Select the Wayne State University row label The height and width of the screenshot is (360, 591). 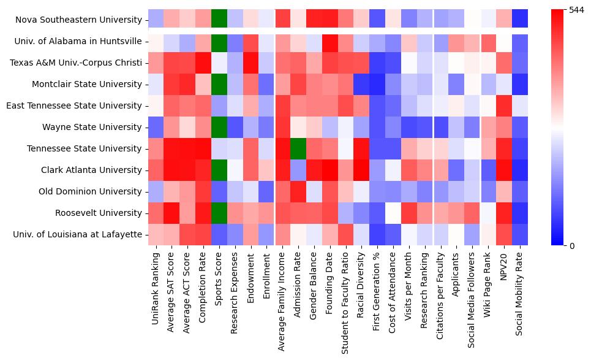point(92,127)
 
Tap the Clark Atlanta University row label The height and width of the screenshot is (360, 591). point(91,170)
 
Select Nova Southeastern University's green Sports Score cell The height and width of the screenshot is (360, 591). point(219,20)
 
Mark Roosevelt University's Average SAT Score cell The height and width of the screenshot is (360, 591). point(171,213)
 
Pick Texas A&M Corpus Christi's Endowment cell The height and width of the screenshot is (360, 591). point(250,63)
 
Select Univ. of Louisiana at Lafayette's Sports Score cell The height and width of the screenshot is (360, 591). point(219,234)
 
